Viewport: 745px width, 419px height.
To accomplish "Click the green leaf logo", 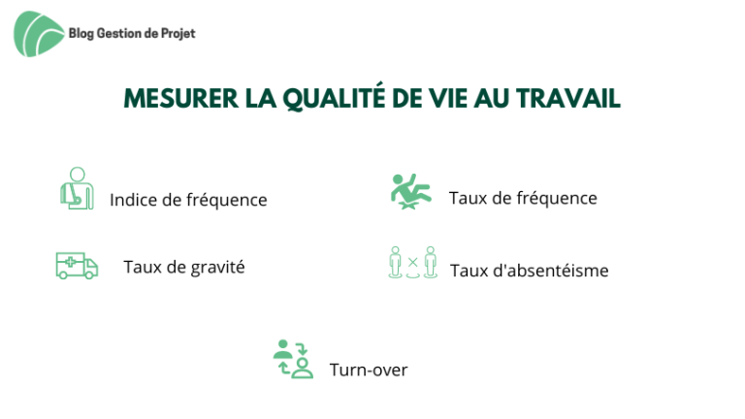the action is pos(39,34).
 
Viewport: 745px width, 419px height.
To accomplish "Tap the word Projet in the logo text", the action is pos(178,34).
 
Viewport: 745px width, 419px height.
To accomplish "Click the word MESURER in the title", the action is pos(181,98).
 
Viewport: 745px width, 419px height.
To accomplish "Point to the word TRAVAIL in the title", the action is pos(568,98).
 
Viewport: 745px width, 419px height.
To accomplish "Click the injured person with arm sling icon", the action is pos(77,188).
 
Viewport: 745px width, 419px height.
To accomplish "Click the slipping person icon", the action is pos(411,191).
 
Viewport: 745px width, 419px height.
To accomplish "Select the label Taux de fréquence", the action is pos(523,198).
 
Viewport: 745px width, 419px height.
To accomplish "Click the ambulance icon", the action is pos(77,266).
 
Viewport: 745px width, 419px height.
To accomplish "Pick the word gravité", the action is pos(217,268).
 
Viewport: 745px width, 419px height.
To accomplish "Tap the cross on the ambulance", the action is pos(70,262).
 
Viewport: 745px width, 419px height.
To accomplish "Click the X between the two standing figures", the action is pos(413,262).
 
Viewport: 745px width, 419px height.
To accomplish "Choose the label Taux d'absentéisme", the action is pos(530,271).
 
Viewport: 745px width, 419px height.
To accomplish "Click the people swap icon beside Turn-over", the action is pos(293,359).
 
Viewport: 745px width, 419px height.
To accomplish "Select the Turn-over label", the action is pos(369,371).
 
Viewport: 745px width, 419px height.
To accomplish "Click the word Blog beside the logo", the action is pos(81,34).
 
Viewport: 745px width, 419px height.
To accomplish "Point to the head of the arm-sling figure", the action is pos(78,175).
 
